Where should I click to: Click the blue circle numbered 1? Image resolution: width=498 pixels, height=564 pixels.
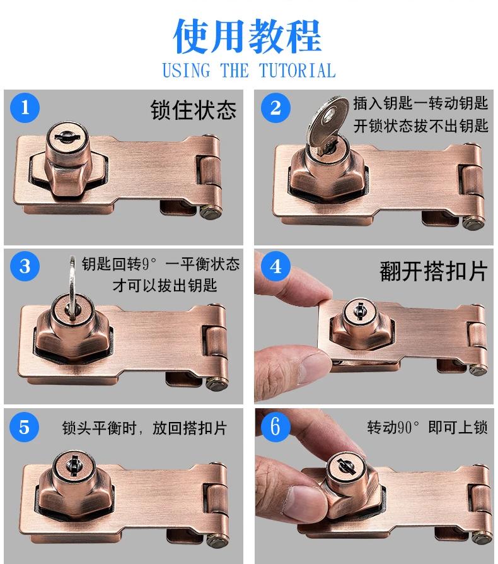point(25,107)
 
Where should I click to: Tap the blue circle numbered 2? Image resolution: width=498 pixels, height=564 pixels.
point(275,107)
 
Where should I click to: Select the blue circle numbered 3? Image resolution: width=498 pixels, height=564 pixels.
point(25,266)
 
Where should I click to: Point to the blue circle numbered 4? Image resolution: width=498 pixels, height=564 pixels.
point(275,266)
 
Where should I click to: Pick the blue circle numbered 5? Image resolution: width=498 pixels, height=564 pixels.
point(24,427)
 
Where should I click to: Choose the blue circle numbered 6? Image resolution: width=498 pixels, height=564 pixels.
point(275,426)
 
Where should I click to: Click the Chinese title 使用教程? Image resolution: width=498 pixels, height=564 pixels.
point(247,36)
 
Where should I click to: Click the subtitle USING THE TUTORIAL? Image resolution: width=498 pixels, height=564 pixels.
point(248,71)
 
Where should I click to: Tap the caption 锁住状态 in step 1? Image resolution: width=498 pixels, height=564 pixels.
point(194,110)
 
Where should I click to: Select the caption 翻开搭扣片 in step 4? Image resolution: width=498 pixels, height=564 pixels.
point(433,271)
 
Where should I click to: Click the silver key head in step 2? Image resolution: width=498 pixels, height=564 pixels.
point(327,122)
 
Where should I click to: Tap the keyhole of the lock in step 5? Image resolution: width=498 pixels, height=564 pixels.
point(74,465)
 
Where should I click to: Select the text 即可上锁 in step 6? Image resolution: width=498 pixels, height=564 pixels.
point(458,428)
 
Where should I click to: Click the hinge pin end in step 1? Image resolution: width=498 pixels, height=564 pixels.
point(210,212)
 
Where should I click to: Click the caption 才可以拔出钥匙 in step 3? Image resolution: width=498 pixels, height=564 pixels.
point(165,286)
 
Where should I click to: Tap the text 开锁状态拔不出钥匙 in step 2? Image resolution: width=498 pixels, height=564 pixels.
point(420,126)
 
